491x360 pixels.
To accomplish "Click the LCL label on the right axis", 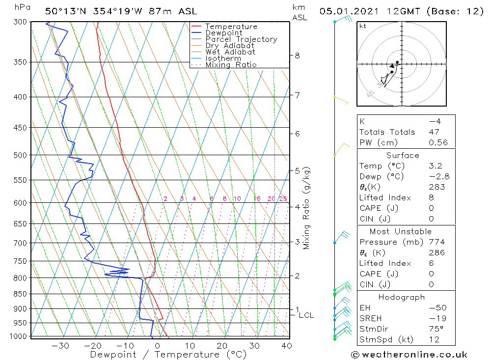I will [306, 315].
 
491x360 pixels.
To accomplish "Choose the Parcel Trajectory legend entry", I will [241, 39].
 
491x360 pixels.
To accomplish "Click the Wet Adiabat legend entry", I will [230, 52].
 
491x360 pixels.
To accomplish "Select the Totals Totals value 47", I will [434, 132].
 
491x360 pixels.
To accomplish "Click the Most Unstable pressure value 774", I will [436, 242].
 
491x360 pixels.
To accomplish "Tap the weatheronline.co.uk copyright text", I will [409, 355].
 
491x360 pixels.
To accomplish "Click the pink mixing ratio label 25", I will [283, 199].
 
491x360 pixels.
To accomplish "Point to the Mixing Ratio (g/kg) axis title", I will [307, 208].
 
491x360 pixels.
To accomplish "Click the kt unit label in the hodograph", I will [363, 26].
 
